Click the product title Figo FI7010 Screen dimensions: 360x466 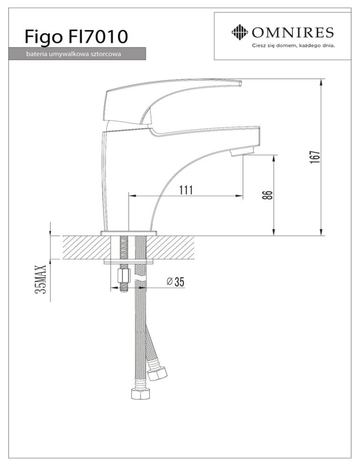[x=76, y=37]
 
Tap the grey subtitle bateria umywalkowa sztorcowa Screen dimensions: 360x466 [x=73, y=54]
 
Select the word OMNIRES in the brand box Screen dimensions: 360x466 [x=293, y=32]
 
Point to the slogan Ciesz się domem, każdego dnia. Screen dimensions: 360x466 [x=293, y=46]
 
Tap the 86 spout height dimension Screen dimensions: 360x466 [x=268, y=195]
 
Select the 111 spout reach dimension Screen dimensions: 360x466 [x=186, y=190]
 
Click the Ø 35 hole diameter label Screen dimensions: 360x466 [x=175, y=281]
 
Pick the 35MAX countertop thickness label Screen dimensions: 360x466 [x=41, y=279]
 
